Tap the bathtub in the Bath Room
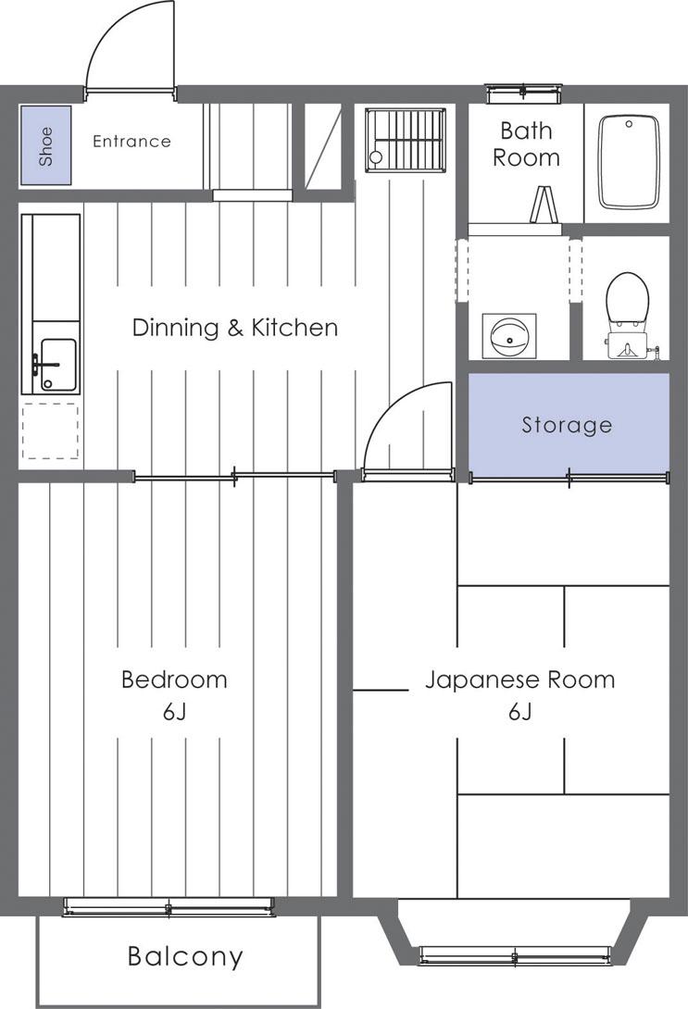[629, 162]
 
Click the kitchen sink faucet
[40, 367]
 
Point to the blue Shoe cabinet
[45, 145]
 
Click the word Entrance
[131, 142]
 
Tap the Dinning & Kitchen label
[235, 328]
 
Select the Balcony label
[185, 956]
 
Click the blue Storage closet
[569, 425]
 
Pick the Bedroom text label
[174, 679]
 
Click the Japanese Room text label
[520, 679]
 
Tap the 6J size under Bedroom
[174, 712]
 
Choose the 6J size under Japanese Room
[520, 712]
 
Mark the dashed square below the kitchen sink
[50, 431]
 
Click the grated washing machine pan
[406, 140]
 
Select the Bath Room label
[527, 144]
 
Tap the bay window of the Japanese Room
[514, 933]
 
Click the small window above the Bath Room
[523, 93]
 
